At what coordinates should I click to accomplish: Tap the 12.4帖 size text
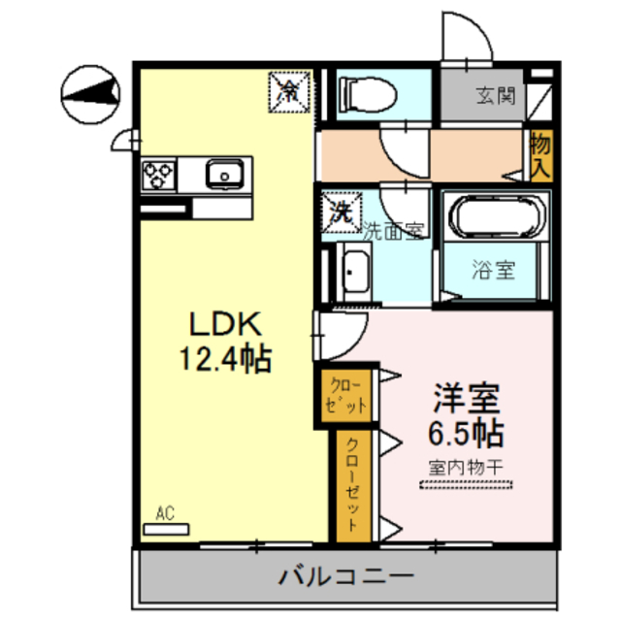223,360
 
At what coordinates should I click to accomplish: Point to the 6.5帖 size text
467,431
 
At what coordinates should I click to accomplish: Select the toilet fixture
366,95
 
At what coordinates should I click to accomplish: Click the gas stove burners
158,175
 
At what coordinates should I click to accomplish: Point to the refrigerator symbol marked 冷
289,90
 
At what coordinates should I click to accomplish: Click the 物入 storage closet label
540,155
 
